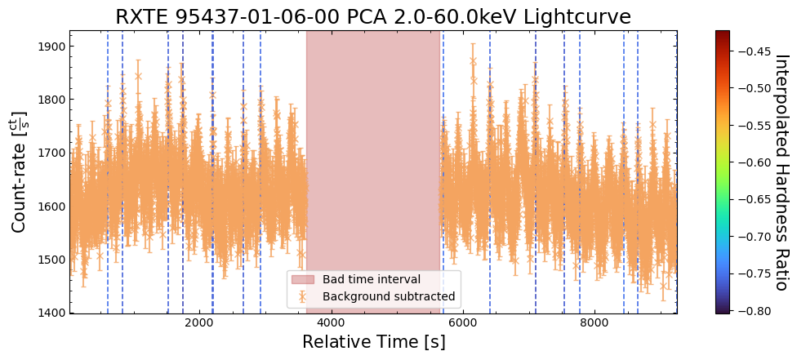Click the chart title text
373,17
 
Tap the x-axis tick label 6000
463,323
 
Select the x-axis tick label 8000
594,323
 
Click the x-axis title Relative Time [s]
373,342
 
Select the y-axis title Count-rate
19,171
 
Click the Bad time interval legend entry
371,280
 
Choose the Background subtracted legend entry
388,297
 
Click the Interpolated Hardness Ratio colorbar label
781,172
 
